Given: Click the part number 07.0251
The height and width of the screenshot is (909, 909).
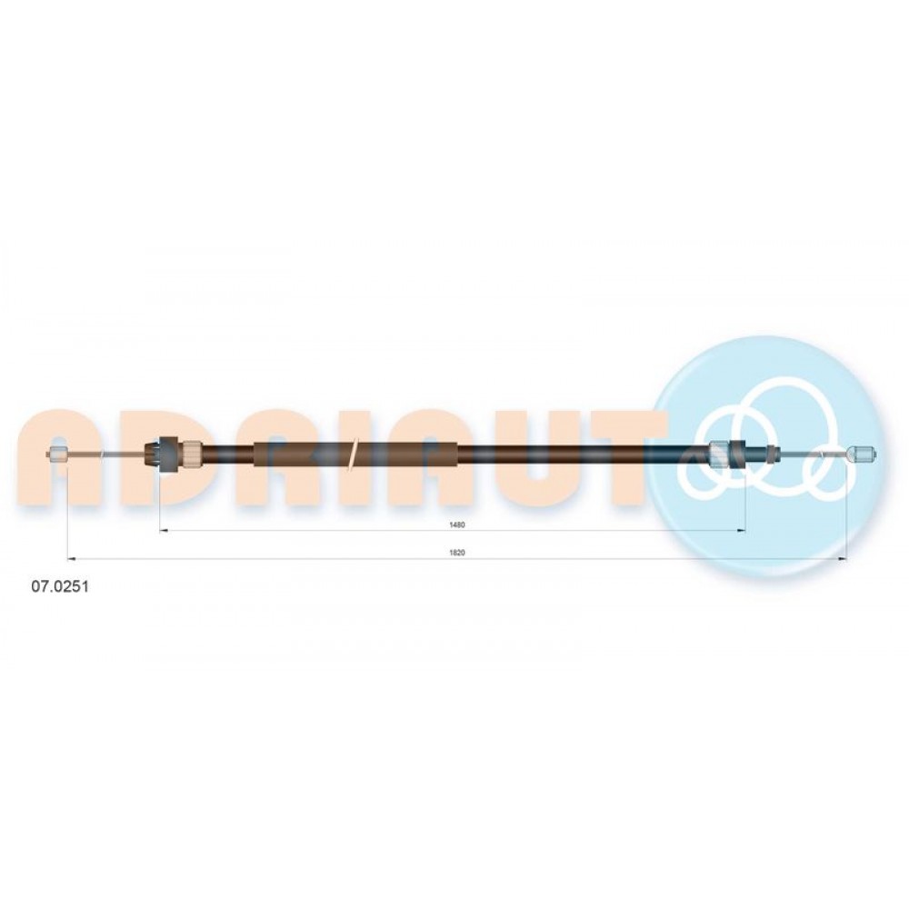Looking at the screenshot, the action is (60, 586).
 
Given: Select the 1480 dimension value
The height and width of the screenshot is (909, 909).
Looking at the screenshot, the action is (457, 525).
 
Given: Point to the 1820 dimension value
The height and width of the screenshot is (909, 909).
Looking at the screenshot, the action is (457, 553).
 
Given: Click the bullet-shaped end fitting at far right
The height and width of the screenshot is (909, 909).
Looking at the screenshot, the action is (862, 454).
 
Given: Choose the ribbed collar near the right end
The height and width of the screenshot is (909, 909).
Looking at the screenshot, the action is (719, 453).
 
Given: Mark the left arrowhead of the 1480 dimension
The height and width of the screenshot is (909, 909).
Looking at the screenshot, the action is (163, 531).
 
